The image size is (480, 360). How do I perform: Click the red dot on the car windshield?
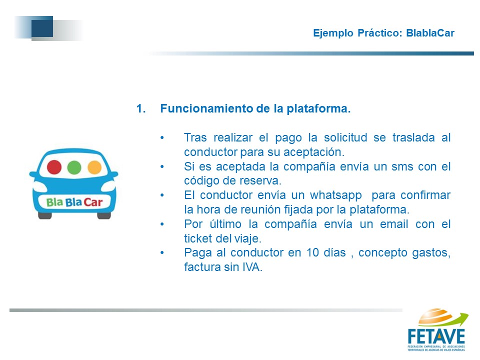(54, 167)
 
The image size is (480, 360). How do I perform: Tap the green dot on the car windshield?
(74, 167)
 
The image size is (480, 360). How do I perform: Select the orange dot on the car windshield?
(94, 167)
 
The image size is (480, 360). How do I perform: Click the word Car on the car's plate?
(93, 202)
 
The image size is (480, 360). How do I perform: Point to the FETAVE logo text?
(436, 336)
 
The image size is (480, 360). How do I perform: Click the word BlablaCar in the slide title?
(430, 33)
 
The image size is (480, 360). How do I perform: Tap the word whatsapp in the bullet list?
(336, 195)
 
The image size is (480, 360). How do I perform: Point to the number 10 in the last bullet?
(313, 252)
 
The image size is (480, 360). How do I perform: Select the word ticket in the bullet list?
(198, 238)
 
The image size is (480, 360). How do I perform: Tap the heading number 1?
(141, 108)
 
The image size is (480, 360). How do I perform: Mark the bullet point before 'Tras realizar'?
(162, 138)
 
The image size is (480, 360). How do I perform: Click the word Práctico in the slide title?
(378, 33)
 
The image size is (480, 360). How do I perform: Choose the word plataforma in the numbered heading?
(318, 109)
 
